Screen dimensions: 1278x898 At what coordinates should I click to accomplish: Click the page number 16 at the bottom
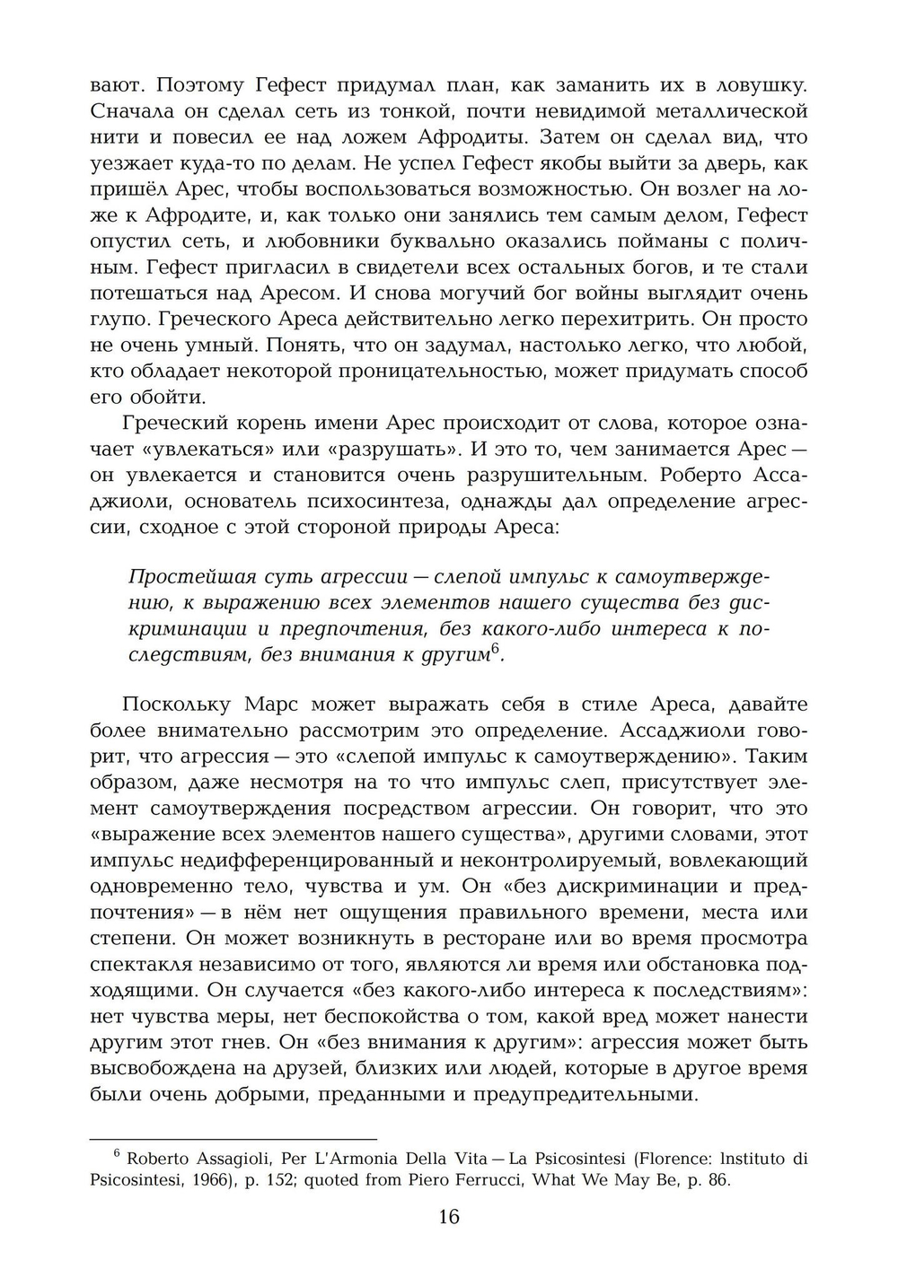pyautogui.click(x=449, y=1218)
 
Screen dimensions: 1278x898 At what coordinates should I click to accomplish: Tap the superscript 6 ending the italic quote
pyautogui.click(x=494, y=648)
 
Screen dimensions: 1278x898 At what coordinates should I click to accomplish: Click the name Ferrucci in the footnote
pyautogui.click(x=493, y=1180)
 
